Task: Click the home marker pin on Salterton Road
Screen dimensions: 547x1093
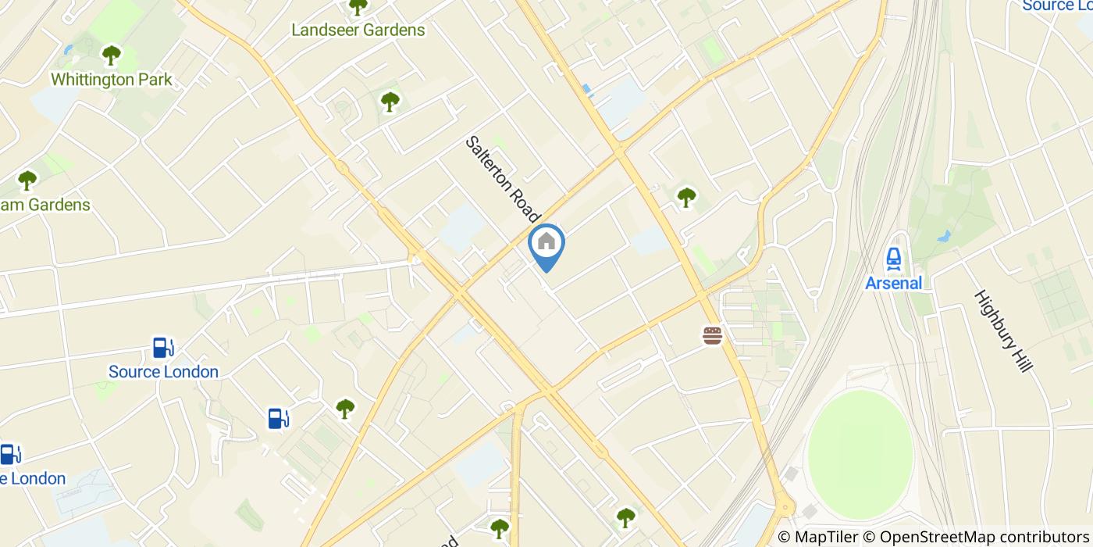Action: [x=546, y=243]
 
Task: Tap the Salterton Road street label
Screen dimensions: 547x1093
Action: [x=503, y=179]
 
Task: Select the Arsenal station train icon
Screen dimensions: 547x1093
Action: [x=894, y=257]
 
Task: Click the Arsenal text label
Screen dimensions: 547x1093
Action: [x=894, y=283]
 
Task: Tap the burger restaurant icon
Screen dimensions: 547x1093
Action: [x=712, y=336]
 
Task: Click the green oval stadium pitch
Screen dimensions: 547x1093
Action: [x=860, y=445]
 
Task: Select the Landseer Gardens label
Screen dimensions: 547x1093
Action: [x=358, y=30]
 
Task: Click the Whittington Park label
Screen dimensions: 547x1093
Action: [x=112, y=80]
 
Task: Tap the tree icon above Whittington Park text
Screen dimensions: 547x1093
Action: [x=112, y=55]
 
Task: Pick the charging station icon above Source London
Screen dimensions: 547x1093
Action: [x=162, y=347]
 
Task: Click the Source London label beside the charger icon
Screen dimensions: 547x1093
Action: [x=163, y=372]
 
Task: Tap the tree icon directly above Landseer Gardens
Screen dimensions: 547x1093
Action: [x=358, y=7]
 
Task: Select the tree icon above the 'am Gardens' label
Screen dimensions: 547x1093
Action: [x=28, y=181]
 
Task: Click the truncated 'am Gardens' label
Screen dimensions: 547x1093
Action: [x=47, y=206]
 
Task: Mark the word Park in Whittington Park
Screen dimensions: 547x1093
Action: [x=155, y=80]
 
